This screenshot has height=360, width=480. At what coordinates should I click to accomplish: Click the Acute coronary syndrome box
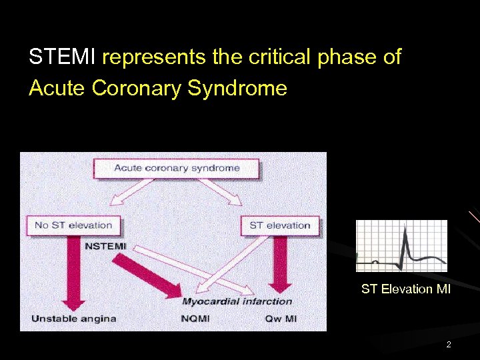coord(177,167)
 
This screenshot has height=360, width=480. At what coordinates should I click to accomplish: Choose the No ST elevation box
coord(73,225)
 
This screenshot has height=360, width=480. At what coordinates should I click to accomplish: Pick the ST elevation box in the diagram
coord(279,225)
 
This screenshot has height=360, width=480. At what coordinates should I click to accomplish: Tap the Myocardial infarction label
coord(237,301)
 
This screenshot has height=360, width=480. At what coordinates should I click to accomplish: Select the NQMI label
coord(195,318)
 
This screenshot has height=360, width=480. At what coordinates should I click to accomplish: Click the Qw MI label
coord(281,318)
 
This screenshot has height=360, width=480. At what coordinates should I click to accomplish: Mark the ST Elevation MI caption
coord(406,289)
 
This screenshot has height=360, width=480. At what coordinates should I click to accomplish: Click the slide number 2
coord(449,345)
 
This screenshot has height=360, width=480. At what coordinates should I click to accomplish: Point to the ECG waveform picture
coord(401,245)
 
